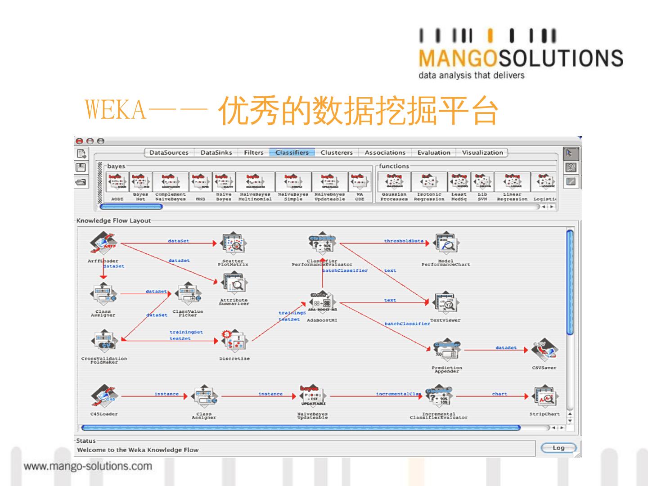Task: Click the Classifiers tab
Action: point(292,153)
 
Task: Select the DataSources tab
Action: point(169,153)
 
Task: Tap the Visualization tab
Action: point(482,153)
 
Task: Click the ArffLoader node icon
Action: point(103,243)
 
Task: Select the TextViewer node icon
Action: point(445,304)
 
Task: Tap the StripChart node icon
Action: point(544,396)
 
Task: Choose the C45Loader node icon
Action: point(103,396)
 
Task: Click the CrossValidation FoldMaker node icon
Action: point(104,342)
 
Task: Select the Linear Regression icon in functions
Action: point(512,182)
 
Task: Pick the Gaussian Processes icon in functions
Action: point(394,182)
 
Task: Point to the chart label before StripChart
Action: point(499,394)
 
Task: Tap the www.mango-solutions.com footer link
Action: point(88,466)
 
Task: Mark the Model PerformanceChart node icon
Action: point(445,243)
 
